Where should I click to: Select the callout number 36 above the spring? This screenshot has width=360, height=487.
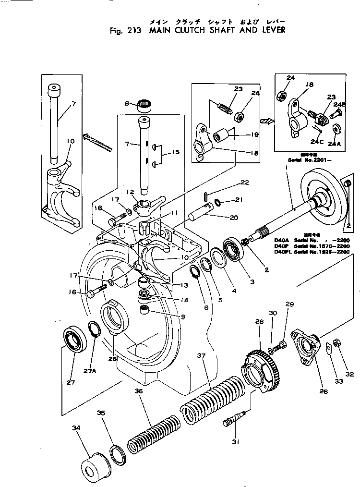[139, 391]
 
